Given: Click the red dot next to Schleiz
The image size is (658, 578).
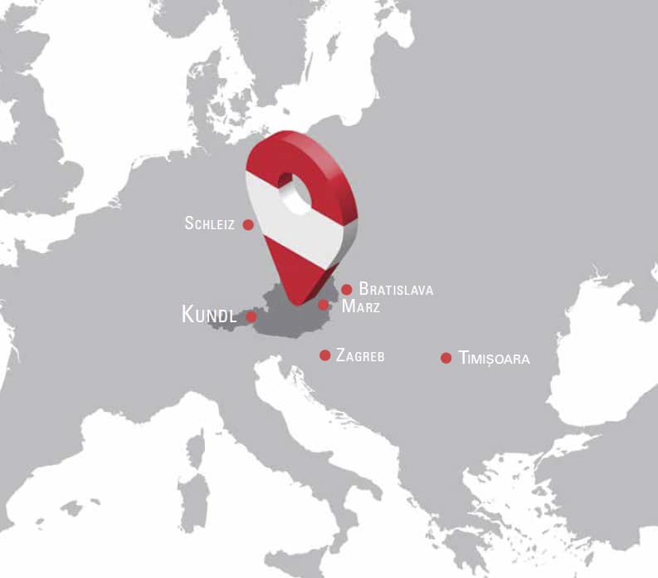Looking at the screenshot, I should pos(247,223).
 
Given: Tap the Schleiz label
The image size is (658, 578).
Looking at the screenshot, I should pos(210,223).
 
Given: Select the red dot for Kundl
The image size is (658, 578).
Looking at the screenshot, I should pos(251,316).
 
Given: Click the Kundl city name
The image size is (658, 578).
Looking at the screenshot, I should pos(209,316).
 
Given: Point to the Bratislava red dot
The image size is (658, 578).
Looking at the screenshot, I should pos(347,289).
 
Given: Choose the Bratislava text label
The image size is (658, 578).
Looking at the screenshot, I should pos(396,290).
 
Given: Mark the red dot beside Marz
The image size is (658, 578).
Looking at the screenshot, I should pos(324,305).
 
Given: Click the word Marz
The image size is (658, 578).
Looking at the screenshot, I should pos(361,306).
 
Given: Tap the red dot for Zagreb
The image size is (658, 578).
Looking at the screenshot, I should pos(325,355).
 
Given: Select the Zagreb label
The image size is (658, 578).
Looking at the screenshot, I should pos(360,355).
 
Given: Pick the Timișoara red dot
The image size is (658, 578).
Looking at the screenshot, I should pos(446,358).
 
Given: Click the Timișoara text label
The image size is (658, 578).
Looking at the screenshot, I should pos(494,359).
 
